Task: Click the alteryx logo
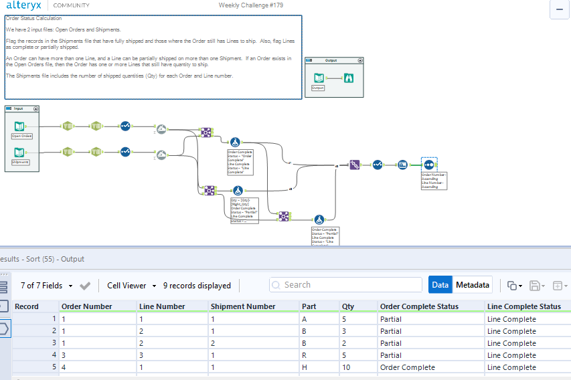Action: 25,5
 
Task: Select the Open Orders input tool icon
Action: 20,125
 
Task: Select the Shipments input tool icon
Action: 20,152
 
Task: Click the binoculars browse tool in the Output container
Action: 349,78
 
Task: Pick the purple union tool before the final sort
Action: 355,165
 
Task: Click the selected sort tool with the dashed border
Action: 429,165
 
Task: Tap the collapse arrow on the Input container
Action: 35,108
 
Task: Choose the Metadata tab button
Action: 473,285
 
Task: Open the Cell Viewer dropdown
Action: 131,286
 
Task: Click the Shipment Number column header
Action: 243,306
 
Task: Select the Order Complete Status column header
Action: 419,306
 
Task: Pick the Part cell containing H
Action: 305,367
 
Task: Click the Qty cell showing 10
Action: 347,367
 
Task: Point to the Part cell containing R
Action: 305,355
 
